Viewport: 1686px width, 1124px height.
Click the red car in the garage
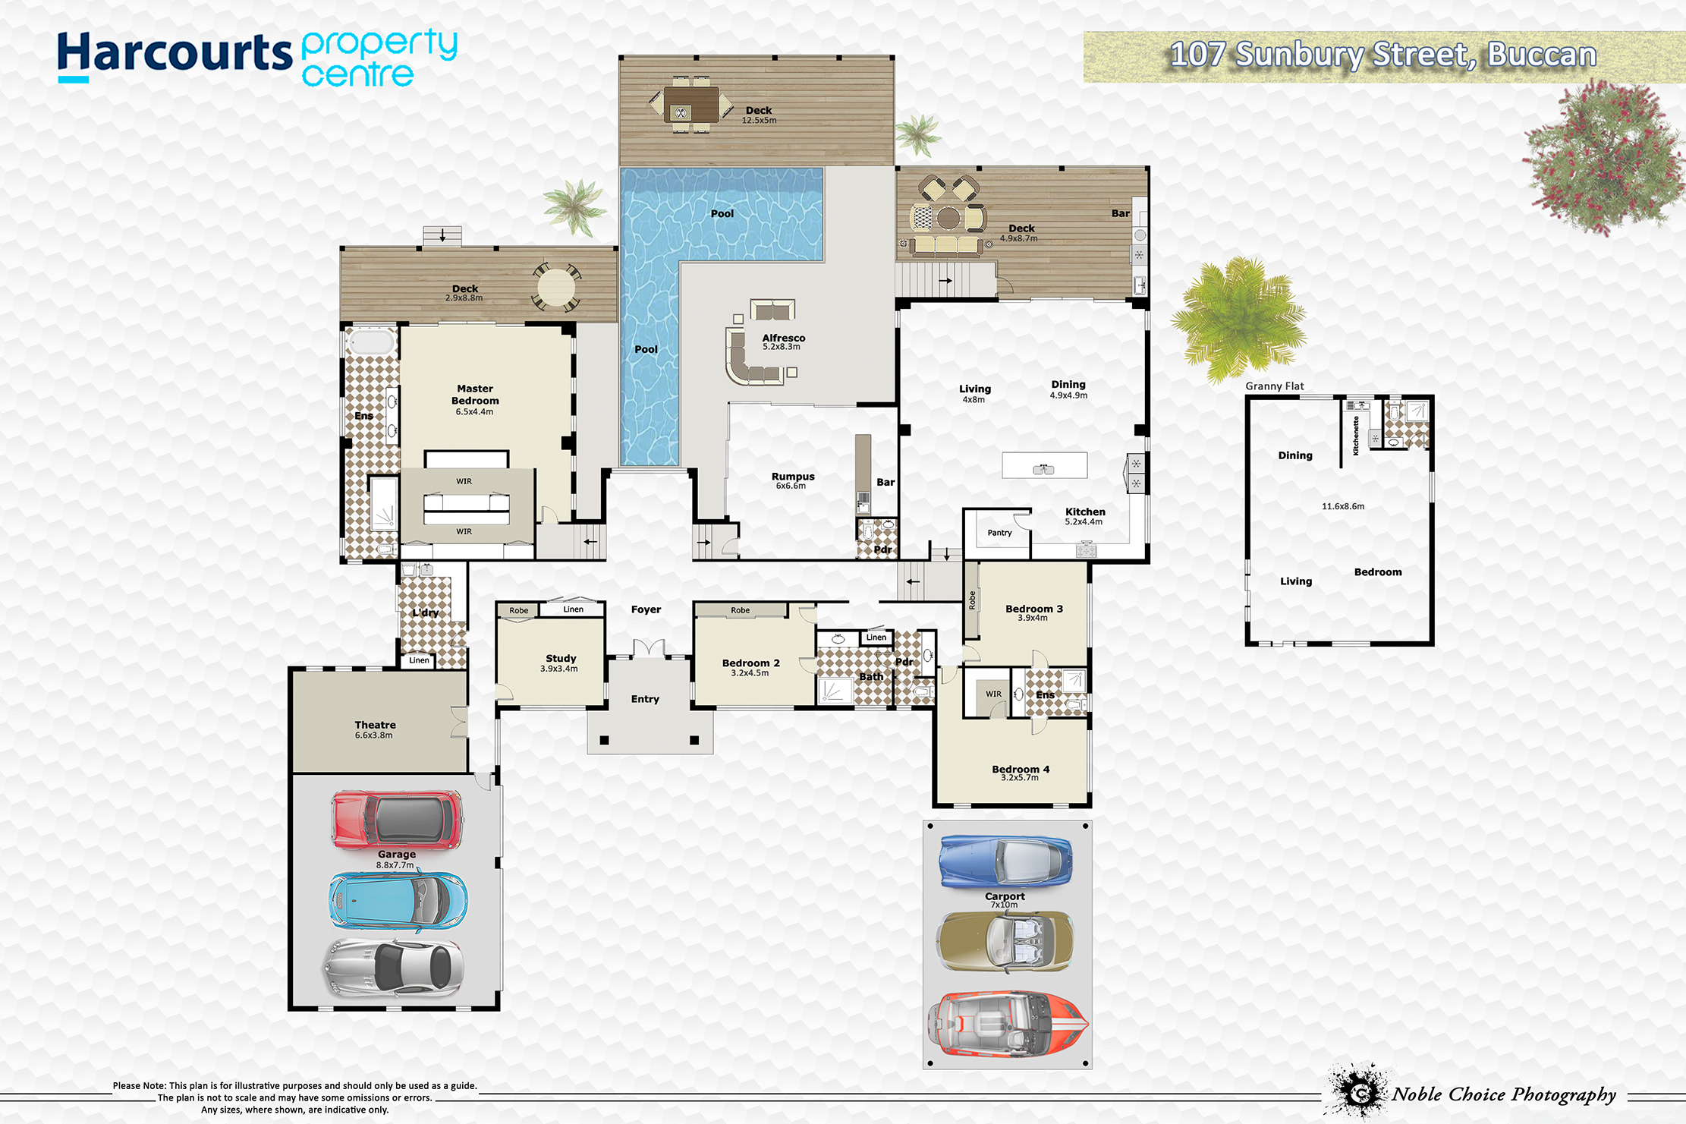[x=397, y=820]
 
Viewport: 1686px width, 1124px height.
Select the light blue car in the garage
[x=398, y=902]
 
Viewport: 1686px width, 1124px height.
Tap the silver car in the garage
[x=393, y=967]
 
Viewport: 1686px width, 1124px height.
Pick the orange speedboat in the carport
[x=1008, y=1024]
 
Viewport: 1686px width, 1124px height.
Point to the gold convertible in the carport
[x=1005, y=941]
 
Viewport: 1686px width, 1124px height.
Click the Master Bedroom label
[x=475, y=395]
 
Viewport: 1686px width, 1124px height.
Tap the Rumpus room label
[x=793, y=477]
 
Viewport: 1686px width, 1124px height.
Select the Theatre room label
[x=375, y=725]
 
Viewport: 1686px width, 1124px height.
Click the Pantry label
[x=1000, y=533]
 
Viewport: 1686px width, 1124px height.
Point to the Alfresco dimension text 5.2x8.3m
[x=782, y=347]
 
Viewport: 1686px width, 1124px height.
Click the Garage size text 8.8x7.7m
[x=395, y=864]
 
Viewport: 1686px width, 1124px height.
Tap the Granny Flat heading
[x=1275, y=386]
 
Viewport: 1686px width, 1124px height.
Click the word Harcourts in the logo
[x=175, y=55]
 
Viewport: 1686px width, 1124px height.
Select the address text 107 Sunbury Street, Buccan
[x=1382, y=55]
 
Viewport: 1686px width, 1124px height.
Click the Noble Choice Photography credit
[x=1503, y=1094]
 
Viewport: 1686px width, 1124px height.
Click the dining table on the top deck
[x=690, y=104]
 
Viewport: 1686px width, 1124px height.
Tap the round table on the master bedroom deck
[x=556, y=287]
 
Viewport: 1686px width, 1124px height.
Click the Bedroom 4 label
[x=1021, y=769]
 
